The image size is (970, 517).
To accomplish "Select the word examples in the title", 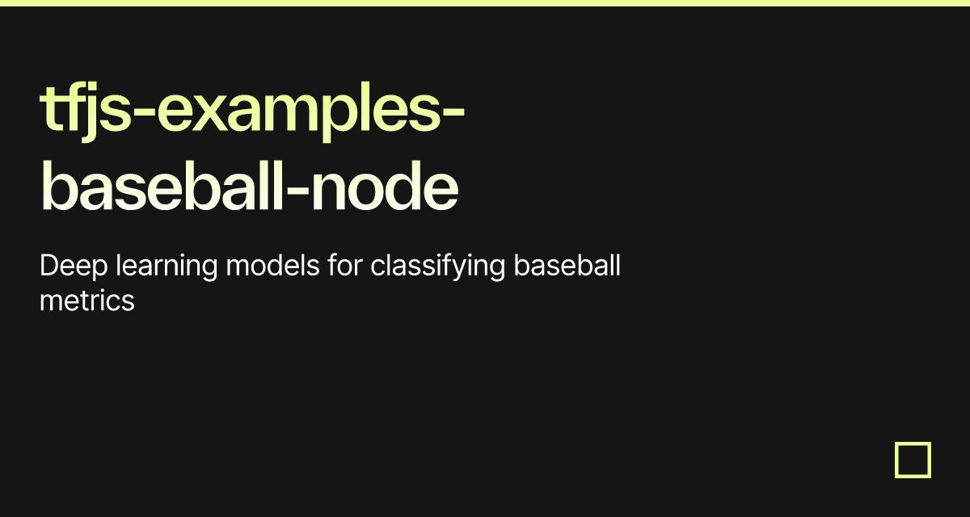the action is pos(299,111).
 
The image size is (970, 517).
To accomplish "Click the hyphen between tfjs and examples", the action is pos(144,113).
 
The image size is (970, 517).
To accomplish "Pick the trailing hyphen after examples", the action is pos(453,113).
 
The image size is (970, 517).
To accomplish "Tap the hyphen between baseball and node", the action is pos(297,191).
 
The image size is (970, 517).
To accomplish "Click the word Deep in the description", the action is pos(74,267).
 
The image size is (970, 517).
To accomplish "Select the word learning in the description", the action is pos(167,267).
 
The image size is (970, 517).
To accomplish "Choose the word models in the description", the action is pos(273,265).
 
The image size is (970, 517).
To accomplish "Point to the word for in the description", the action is pos(345,265).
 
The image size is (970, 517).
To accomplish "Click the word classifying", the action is pos(438,267).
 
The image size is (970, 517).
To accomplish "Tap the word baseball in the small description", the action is pos(567,265).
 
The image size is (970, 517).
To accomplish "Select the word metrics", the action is pos(87,301).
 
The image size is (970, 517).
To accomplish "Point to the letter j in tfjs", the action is pos(90,112).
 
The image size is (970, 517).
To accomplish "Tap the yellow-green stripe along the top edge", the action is pos(485,3).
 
